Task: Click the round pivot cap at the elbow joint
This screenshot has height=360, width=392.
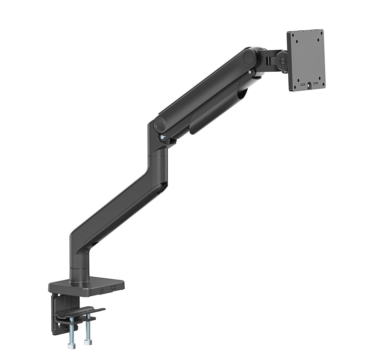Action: [160, 123]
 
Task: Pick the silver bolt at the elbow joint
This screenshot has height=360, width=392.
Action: [161, 138]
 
